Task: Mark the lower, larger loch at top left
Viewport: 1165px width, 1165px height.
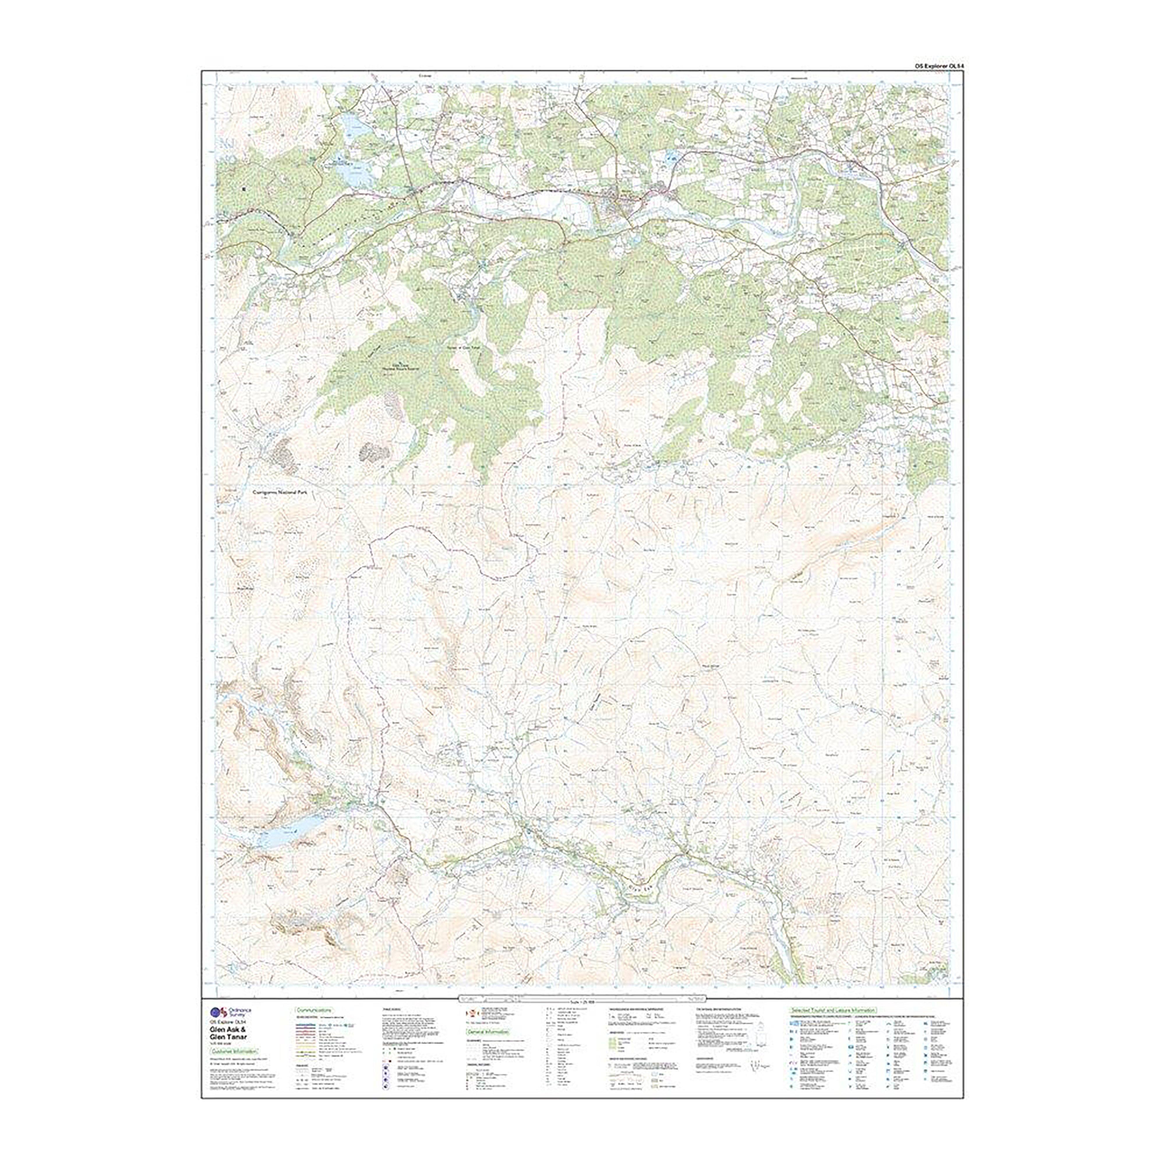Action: coord(356,175)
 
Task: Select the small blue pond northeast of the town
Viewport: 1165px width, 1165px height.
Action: coord(670,158)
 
